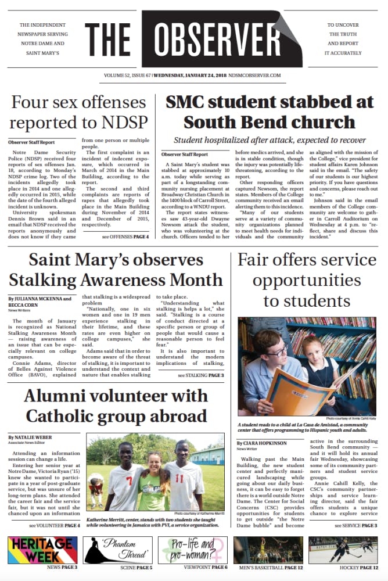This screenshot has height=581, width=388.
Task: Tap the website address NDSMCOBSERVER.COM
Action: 254,76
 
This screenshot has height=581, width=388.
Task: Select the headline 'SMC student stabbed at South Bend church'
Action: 270,112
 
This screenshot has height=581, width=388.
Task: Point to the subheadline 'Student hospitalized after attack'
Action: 270,140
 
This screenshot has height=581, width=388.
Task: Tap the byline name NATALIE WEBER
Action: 37,436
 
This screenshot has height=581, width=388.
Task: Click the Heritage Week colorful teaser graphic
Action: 42,550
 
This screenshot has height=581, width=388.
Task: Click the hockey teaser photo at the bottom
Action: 343,550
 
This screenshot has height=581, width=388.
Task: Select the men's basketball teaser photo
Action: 268,550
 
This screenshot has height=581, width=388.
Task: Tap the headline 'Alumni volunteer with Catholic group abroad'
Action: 116,406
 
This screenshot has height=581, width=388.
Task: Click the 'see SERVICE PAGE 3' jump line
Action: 355,526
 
